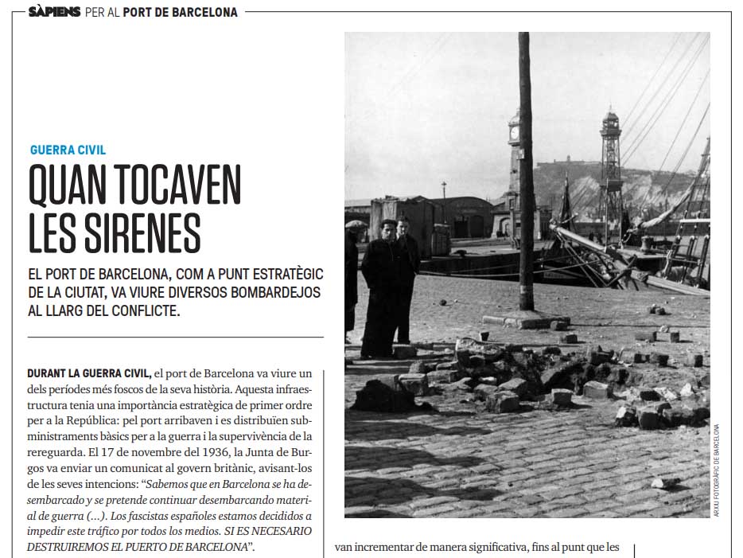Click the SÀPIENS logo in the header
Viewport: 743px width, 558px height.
[x=54, y=12]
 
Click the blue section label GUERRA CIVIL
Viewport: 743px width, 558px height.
[x=68, y=150]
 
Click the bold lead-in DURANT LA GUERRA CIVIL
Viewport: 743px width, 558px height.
[x=89, y=373]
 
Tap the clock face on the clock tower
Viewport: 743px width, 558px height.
[x=514, y=135]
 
